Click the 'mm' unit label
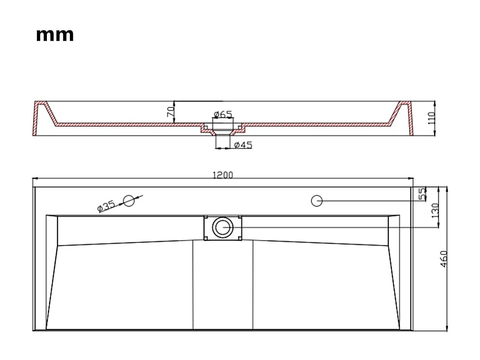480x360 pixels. coord(55,35)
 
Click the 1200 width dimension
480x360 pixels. coord(222,175)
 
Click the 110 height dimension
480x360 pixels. coord(431,118)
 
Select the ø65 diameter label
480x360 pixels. coord(222,114)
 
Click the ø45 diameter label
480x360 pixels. coord(243,145)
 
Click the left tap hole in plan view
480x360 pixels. coord(128,201)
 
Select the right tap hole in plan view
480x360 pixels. coord(317,201)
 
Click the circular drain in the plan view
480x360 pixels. coord(223,227)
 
